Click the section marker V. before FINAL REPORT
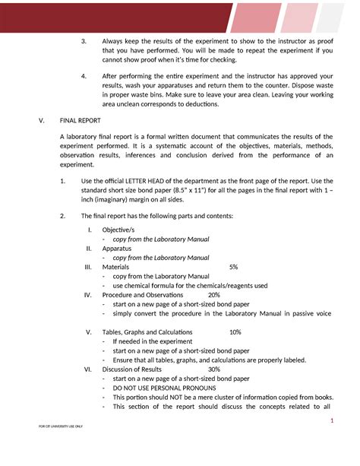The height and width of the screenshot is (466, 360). point(30,120)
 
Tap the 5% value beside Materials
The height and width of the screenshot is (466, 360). point(233,268)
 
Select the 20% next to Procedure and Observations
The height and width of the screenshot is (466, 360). point(213,295)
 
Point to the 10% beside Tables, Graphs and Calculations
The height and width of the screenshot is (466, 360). point(235,332)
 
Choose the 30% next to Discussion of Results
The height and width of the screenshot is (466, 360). point(213,369)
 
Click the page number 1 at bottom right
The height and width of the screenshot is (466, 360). point(332,422)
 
